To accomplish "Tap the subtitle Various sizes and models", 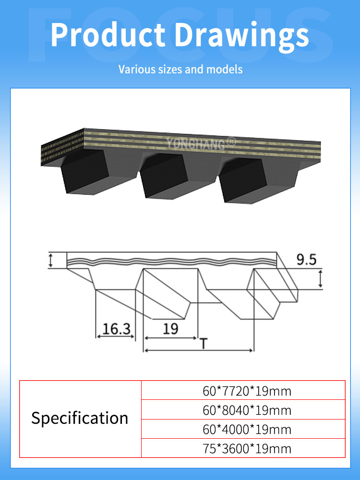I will pos(180,70).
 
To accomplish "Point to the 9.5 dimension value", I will pos(306,260).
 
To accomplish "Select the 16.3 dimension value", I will pos(116,329).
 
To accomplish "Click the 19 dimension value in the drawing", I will pos(170,329).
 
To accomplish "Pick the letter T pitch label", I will pos(204,343).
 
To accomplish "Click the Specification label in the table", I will pos(80,418).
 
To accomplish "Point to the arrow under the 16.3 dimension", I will pos(115,336).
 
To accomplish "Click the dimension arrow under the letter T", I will pos(199,350).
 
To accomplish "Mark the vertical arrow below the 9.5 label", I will pos(321,278).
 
